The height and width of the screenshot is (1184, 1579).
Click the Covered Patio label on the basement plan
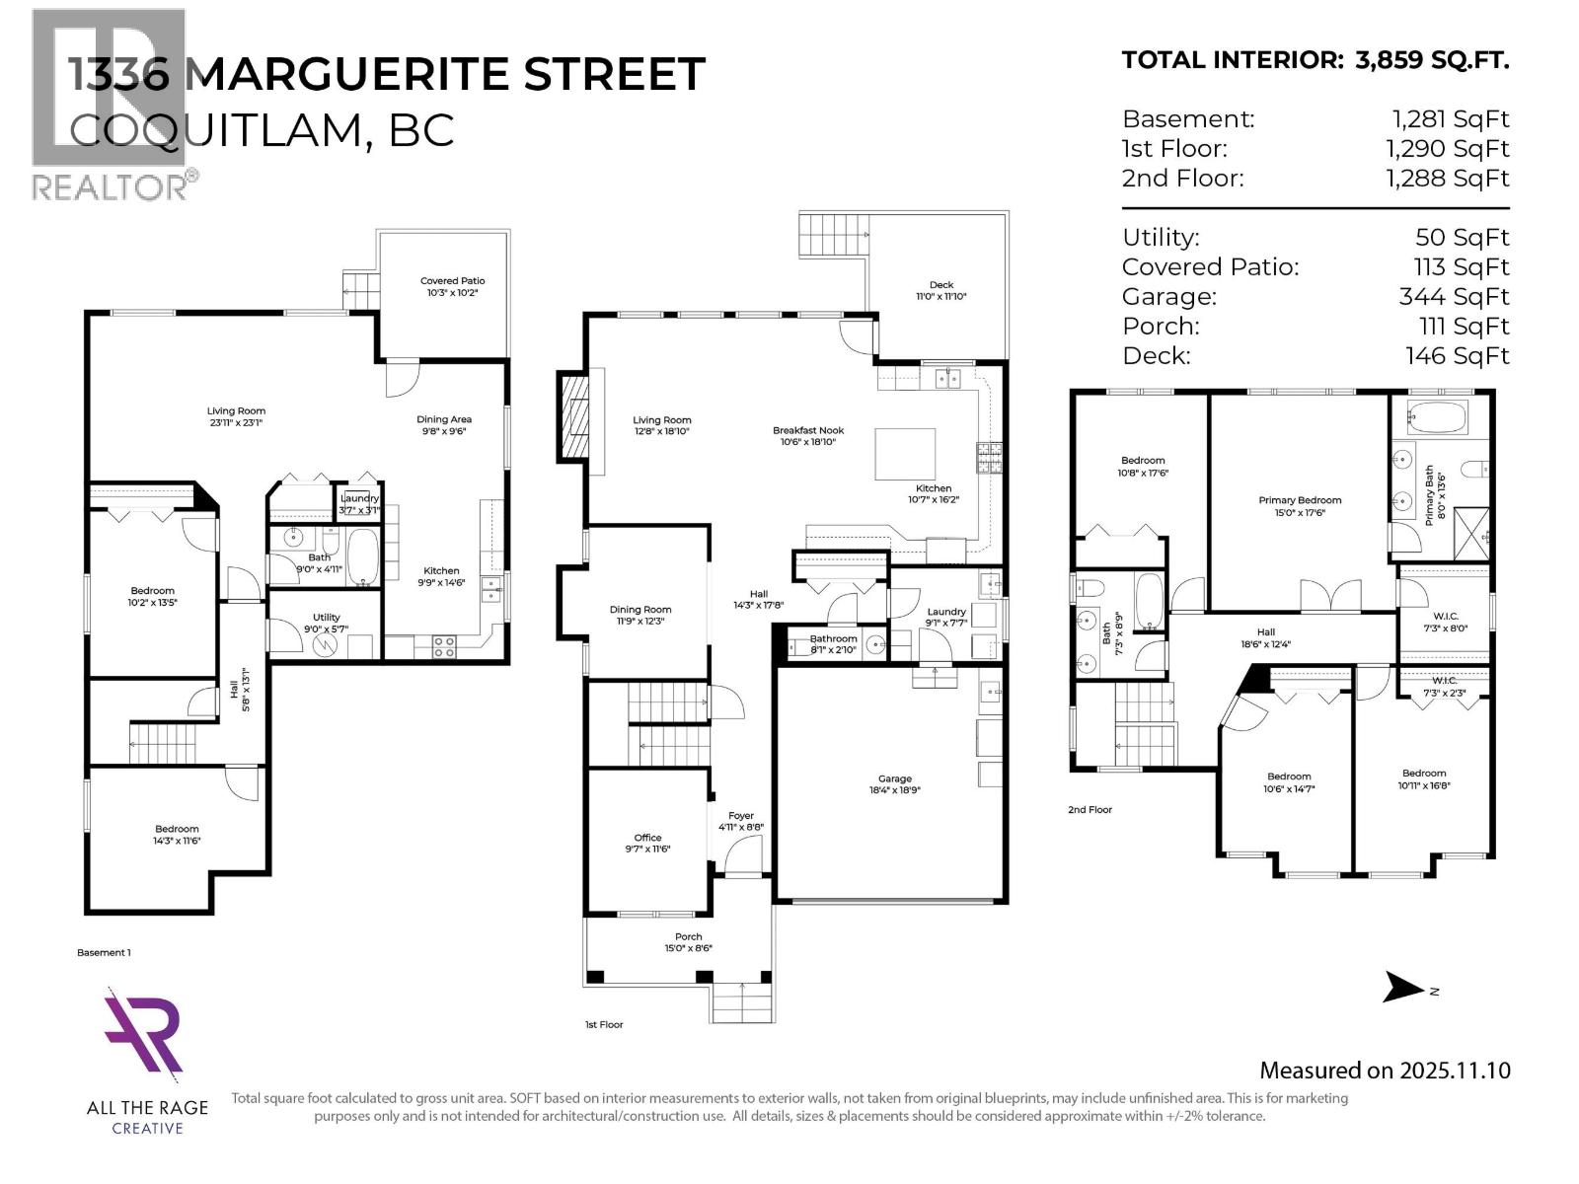(452, 281)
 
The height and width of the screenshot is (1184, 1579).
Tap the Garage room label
(895, 778)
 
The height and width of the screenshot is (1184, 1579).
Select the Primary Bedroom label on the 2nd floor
(1300, 500)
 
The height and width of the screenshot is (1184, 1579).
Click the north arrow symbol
(1404, 987)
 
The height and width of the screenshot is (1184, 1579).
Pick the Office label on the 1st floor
(647, 838)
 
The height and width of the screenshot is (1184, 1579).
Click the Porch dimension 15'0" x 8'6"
(688, 948)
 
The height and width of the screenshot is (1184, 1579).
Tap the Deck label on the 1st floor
(941, 285)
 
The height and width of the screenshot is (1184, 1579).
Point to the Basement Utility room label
(327, 618)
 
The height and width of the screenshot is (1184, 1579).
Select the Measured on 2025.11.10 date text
(1385, 1071)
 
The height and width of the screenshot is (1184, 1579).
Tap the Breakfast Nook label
(808, 430)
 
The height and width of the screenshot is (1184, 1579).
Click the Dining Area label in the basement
(444, 419)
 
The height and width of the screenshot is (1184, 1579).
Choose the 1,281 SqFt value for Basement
(1451, 119)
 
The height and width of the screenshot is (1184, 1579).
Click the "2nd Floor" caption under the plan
(1090, 810)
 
